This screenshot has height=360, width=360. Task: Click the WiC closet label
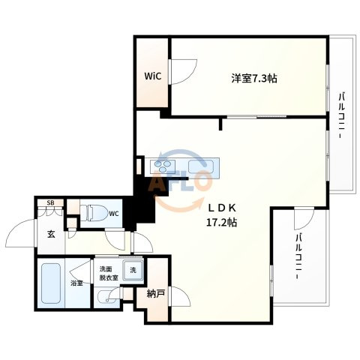pos(152,76)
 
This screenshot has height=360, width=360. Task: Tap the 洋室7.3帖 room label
pos(254,79)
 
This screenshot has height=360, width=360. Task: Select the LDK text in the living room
pos(222,208)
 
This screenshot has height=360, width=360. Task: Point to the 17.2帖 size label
pos(221,222)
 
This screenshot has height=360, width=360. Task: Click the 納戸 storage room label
pos(155,294)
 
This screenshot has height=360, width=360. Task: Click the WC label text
pos(114,214)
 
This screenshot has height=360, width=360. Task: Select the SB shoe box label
pos(50,203)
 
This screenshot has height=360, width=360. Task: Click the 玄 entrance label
pos(51,234)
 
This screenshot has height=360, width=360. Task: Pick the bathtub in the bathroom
pos(51,283)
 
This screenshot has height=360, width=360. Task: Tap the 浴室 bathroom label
pos(76,283)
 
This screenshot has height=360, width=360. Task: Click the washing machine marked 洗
pos(133,270)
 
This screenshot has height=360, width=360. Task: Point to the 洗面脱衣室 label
pos(109,273)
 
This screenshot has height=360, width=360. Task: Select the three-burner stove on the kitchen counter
pos(163,166)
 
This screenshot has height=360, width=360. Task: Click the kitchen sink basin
pos(201,166)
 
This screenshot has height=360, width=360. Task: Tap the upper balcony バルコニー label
pos(342,115)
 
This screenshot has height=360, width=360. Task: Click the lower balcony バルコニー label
pos(298,256)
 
